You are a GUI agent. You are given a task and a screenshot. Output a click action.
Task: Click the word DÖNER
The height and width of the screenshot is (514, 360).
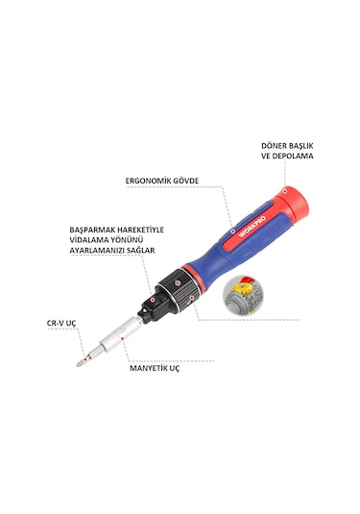coord(275,146)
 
